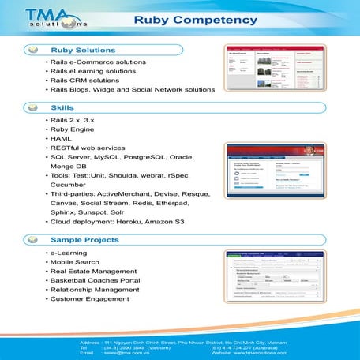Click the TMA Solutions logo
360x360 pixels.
45,18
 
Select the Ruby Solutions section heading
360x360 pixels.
84,50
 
